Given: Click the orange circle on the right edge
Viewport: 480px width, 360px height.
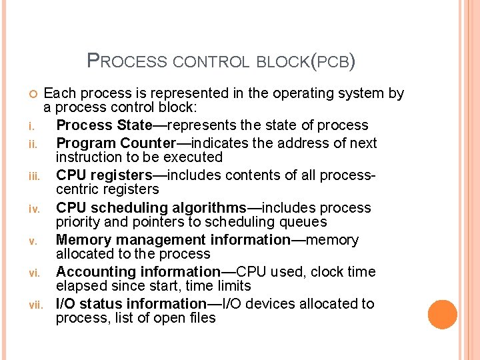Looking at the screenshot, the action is (443, 315).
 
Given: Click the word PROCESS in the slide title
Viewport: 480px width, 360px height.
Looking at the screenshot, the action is (127, 62).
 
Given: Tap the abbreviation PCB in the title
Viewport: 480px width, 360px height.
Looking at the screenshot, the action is (333, 63).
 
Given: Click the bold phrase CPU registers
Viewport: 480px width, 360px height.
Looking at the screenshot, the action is (104, 175).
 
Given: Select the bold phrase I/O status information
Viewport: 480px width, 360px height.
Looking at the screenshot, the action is (131, 304).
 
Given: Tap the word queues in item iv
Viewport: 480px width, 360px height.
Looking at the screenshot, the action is (304, 222).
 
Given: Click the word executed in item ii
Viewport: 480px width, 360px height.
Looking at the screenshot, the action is (196, 157).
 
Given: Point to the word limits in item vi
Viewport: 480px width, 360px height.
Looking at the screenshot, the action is (233, 286).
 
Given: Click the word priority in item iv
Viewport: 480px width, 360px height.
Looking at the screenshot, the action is (78, 222).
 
